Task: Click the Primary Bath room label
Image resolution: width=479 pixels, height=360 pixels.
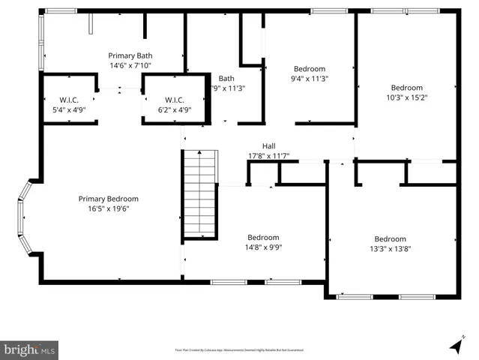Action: (130, 55)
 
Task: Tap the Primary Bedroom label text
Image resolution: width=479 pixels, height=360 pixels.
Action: (109, 199)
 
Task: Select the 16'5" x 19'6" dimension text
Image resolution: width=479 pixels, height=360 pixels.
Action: (109, 209)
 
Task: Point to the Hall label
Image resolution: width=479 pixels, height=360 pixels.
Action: (268, 145)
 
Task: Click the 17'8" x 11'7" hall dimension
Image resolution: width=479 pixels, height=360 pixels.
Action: (268, 156)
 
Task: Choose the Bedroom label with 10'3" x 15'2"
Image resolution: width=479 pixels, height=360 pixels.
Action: (406, 87)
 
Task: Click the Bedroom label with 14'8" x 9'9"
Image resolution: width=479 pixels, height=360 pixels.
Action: (264, 237)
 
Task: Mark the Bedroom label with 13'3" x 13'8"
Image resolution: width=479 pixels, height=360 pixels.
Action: (390, 239)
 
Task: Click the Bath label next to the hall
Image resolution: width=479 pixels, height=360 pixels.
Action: (226, 78)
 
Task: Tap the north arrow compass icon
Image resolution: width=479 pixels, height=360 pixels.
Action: (455, 346)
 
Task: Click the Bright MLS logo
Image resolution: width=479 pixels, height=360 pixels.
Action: (30, 349)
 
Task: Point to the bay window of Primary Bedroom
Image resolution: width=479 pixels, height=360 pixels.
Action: (25, 217)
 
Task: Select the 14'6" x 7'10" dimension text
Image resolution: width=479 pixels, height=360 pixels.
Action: (130, 66)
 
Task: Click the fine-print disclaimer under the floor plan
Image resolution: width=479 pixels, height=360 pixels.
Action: (239, 349)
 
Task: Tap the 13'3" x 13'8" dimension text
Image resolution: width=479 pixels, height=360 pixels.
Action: (390, 250)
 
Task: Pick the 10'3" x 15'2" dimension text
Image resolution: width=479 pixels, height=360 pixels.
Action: (406, 97)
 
